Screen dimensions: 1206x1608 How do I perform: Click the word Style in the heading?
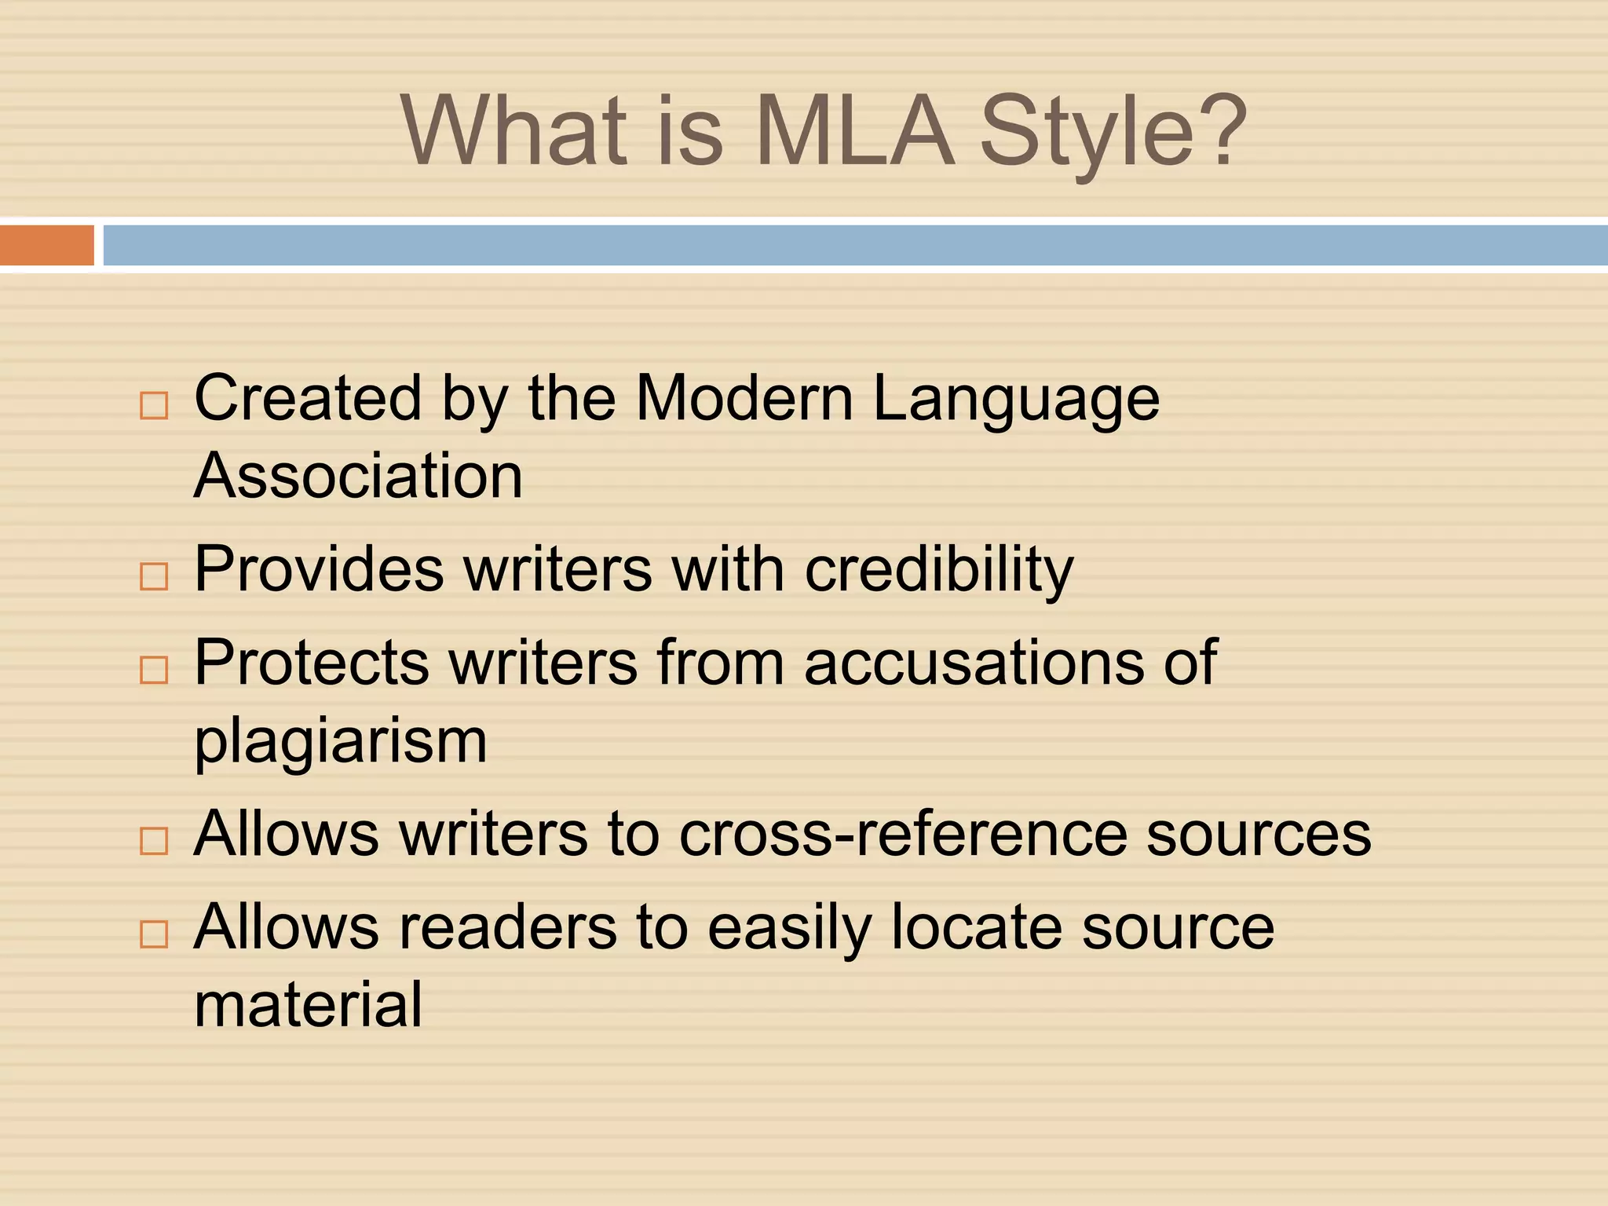point(1087,133)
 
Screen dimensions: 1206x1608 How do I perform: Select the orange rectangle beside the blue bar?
point(46,245)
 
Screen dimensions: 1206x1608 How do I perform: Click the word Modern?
point(744,398)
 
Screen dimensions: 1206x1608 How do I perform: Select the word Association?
point(358,476)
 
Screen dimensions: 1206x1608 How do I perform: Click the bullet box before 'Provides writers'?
point(154,576)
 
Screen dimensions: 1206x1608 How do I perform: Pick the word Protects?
point(312,663)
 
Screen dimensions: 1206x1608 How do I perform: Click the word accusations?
point(974,663)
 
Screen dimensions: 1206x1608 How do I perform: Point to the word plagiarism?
point(341,743)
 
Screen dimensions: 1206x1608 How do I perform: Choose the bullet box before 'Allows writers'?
point(154,841)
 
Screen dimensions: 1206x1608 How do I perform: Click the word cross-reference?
point(903,834)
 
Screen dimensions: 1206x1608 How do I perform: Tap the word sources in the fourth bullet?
point(1259,834)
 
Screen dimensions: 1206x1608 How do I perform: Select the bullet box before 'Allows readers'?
point(154,934)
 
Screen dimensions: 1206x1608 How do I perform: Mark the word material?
point(308,1005)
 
